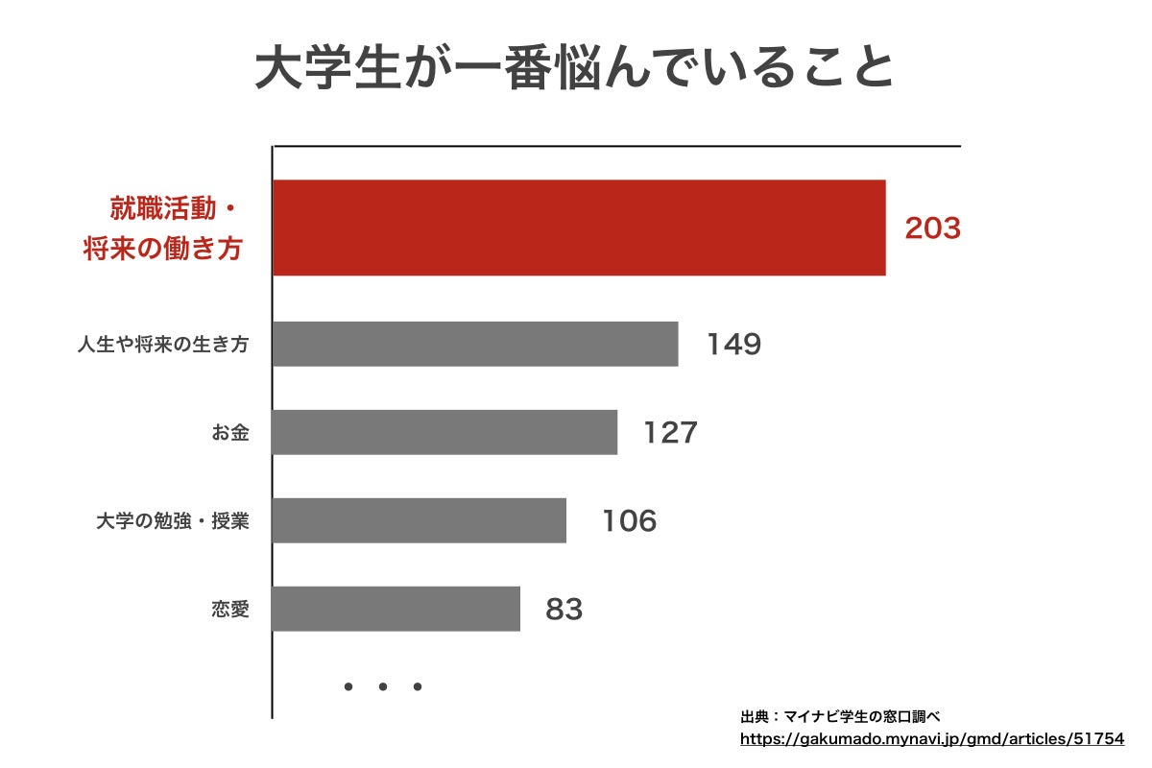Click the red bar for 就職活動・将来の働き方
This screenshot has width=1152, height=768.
579,228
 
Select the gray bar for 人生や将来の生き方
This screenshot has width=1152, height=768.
475,344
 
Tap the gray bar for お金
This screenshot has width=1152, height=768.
444,432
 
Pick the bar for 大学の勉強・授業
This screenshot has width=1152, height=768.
419,520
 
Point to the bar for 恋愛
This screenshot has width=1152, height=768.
396,609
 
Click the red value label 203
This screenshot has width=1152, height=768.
932,228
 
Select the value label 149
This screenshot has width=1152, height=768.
733,344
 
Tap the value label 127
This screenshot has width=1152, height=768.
670,432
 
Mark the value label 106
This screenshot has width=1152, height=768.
629,520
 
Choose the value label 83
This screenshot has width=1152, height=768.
564,609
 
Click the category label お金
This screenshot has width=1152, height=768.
230,433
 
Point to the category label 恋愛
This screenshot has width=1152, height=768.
230,609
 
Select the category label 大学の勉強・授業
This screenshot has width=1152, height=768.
173,521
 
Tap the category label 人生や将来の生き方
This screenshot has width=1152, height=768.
163,344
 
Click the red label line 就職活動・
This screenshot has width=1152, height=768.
173,208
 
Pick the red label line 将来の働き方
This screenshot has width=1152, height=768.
161,250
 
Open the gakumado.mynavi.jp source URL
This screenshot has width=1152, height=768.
931,739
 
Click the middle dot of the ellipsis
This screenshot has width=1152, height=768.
382,686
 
